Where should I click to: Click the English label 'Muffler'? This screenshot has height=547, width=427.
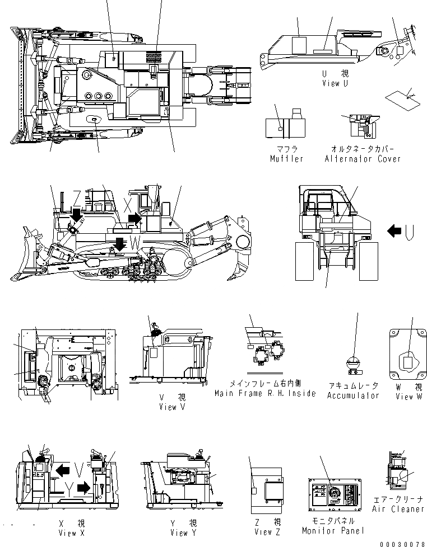[x=286, y=159]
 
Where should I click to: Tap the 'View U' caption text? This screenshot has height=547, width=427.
[x=335, y=83]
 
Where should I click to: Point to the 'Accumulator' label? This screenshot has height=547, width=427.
[x=354, y=395]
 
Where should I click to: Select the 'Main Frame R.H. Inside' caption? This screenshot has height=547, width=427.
[x=273, y=393]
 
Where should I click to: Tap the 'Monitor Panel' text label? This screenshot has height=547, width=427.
[x=333, y=530]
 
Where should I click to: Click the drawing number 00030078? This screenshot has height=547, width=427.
[x=403, y=543]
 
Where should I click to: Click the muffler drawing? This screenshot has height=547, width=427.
[x=285, y=126]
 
